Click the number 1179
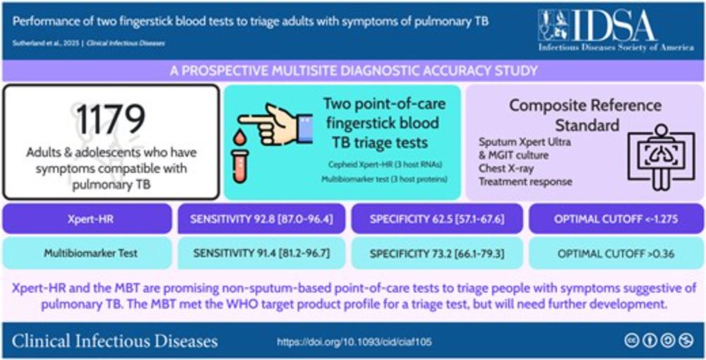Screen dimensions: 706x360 point(111,119)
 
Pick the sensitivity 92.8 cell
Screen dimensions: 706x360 point(262,219)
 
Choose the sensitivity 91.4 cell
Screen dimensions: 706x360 point(262,253)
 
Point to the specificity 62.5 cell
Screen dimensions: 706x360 point(437,219)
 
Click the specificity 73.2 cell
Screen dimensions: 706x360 point(437,253)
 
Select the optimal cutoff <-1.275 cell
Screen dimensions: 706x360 point(616,219)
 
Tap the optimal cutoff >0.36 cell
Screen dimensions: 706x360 point(616,253)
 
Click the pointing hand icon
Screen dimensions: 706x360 point(275,124)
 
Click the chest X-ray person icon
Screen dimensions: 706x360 point(661,156)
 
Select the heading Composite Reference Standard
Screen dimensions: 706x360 point(585,115)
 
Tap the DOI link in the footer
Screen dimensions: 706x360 point(354,342)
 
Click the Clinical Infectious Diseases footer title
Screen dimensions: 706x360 point(115,341)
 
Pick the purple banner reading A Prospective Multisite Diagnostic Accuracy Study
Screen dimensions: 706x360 point(353,71)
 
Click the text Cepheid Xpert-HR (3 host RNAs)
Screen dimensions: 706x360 point(385,164)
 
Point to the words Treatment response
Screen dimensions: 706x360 point(525,182)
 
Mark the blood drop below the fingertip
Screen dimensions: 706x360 point(241,137)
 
